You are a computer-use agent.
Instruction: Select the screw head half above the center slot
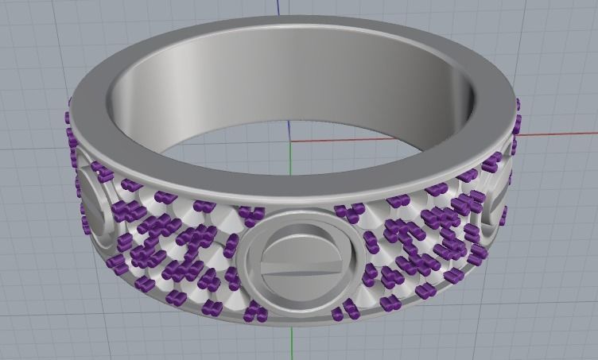(302, 242)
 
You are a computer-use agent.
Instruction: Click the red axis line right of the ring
(557, 134)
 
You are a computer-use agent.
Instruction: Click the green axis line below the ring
(293, 343)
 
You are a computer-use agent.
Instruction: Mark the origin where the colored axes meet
(291, 142)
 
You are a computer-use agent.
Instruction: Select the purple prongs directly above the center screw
(253, 213)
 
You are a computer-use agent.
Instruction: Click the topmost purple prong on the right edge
(517, 103)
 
